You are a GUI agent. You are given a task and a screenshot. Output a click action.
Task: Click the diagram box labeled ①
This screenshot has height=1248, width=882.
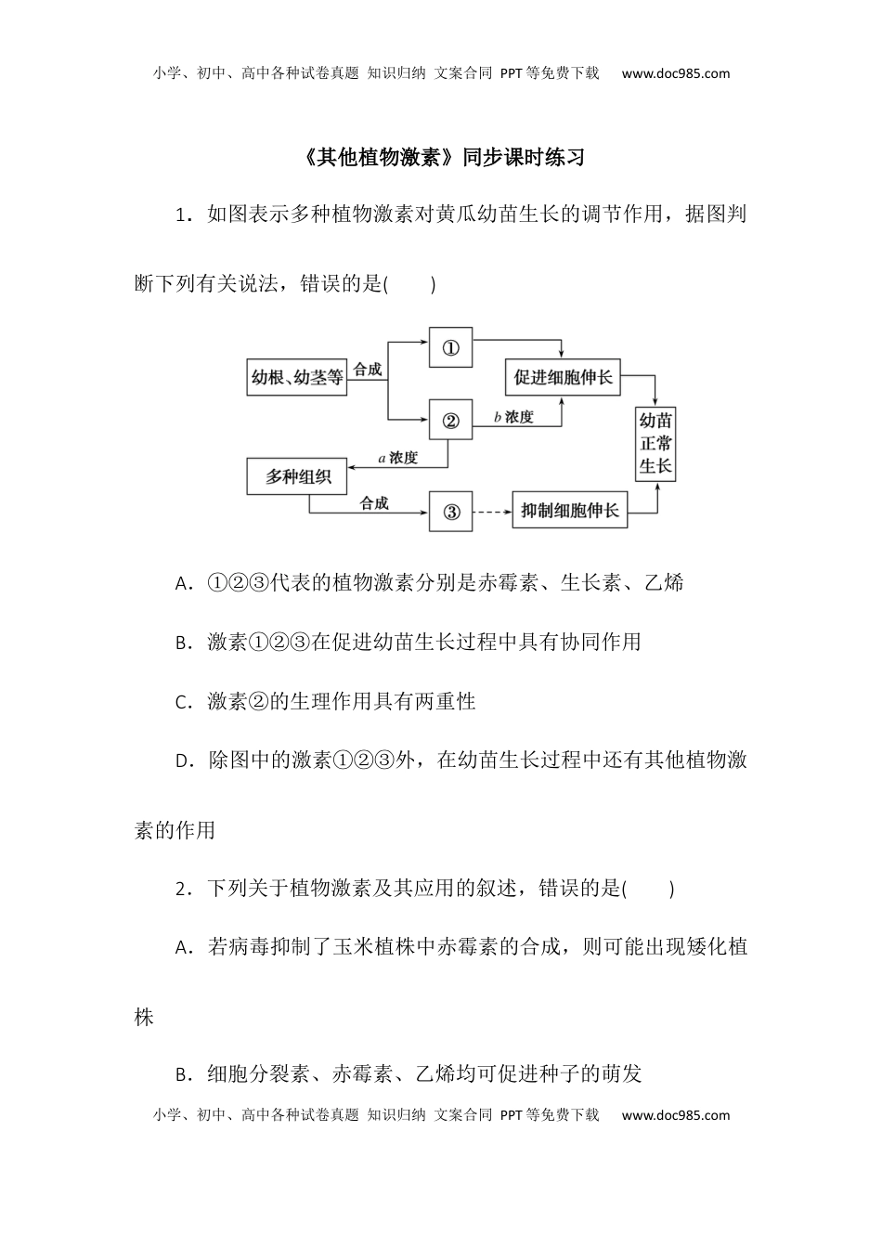pos(450,348)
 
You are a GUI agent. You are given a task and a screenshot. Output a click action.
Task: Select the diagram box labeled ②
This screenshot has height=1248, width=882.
pos(450,420)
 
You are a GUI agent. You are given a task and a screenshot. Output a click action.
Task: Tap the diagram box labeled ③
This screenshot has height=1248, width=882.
pos(450,512)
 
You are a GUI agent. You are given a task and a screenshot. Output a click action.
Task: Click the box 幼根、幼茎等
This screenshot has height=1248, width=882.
pos(297,377)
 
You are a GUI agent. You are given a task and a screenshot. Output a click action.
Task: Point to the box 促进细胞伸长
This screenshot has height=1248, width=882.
pos(563,377)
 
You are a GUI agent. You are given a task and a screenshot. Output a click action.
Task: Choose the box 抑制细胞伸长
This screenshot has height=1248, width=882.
pos(569,511)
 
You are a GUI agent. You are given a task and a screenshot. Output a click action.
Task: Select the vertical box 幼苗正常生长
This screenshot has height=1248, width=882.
pos(655,443)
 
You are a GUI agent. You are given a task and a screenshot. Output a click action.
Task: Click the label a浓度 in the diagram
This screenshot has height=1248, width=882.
pos(398,458)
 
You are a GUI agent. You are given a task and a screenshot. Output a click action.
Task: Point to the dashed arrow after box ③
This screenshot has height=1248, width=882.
pos(492,512)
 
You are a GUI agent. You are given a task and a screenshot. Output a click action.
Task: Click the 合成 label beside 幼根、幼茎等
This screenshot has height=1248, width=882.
pos(368,369)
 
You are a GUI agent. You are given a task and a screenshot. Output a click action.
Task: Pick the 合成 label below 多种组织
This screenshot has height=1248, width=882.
pos(374,503)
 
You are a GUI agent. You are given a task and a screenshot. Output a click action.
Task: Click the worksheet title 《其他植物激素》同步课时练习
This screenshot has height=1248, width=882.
pos(444,157)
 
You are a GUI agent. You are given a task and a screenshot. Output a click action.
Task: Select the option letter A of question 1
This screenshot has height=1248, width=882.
pos(182,584)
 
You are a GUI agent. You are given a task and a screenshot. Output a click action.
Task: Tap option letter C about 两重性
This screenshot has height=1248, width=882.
pos(182,702)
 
